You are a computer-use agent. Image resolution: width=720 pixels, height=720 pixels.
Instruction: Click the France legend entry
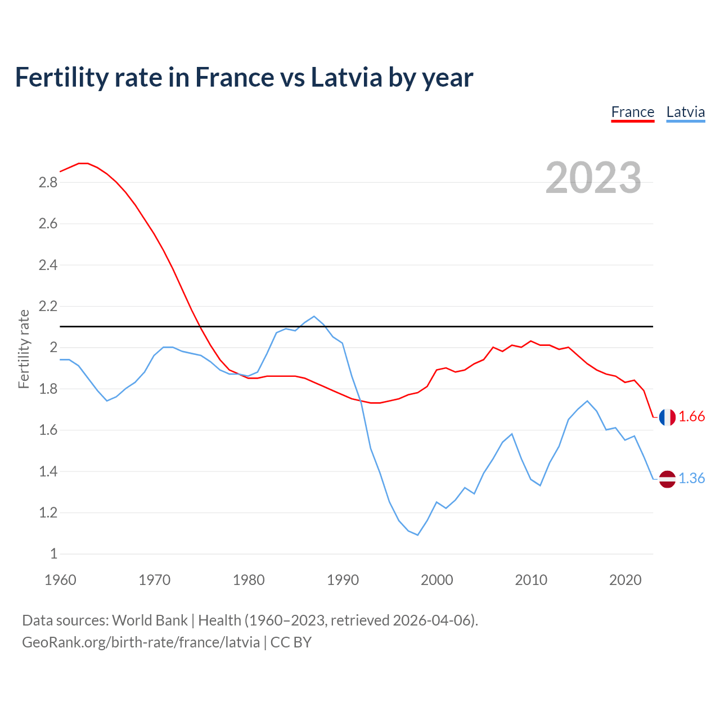point(632,112)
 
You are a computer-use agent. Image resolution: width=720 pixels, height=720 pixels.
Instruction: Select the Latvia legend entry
point(685,112)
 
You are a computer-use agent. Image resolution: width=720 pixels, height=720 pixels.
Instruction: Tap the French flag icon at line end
point(667,417)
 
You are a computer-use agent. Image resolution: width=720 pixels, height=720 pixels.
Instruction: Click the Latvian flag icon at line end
point(667,479)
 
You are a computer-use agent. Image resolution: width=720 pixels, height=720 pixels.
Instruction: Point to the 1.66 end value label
point(691,416)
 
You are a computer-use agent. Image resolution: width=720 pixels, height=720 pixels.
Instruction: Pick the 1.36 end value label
point(691,478)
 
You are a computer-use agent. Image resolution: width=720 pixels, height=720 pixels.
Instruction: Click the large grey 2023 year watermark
point(593,178)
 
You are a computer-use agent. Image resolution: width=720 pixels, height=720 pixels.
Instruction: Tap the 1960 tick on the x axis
point(60,580)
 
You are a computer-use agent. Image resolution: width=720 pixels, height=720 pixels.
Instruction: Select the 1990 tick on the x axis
point(343,580)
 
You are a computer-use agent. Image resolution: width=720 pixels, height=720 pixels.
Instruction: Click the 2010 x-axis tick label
point(531,580)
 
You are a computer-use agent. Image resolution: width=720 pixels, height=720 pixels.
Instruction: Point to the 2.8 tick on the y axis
point(48,182)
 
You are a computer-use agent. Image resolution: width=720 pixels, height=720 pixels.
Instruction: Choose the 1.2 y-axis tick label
point(48,512)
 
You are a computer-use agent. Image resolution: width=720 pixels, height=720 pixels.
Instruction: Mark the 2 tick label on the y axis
point(54,348)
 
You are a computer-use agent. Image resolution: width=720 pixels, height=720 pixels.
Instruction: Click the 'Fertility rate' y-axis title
point(24,349)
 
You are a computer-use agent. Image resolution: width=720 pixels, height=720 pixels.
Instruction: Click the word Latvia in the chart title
point(346,77)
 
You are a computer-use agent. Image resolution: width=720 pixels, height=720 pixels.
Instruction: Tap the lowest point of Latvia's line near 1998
point(417,535)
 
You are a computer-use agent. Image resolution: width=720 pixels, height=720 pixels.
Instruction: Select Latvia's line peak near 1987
point(314,316)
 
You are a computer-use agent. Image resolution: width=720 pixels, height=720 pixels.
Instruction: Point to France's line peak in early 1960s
point(84,163)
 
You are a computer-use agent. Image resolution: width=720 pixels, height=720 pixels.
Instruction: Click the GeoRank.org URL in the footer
point(141,642)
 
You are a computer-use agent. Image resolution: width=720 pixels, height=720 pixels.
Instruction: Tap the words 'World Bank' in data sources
point(150,620)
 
